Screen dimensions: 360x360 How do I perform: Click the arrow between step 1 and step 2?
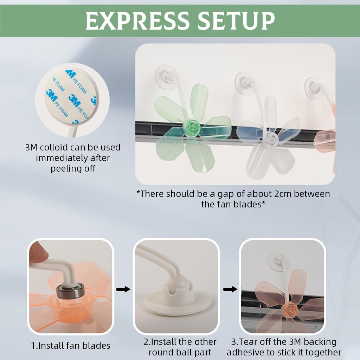(x=123, y=289)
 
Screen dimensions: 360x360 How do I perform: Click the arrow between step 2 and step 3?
(x=230, y=289)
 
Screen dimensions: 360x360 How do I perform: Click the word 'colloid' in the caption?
(x=57, y=147)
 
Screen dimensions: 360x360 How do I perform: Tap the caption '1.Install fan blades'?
(x=70, y=346)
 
